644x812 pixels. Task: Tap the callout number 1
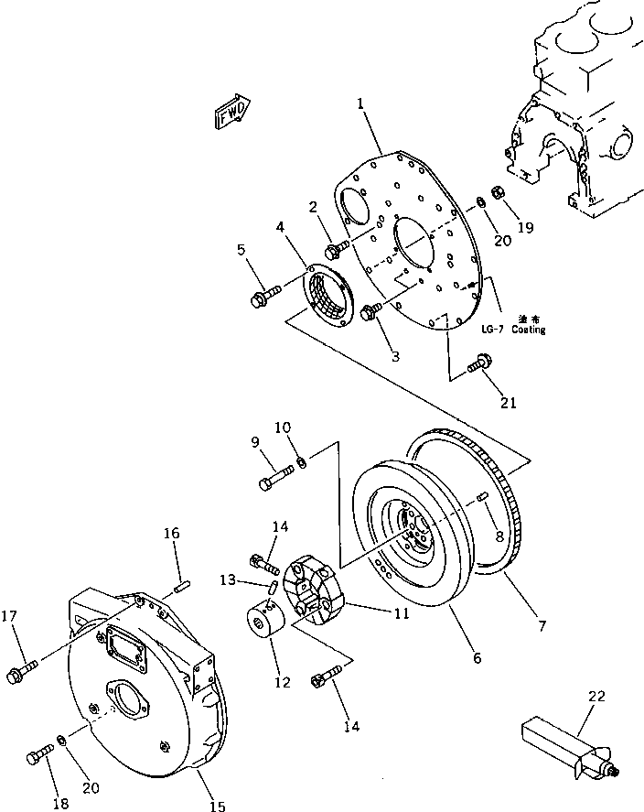tap(362, 106)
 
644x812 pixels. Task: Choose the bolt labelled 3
tap(371, 312)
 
